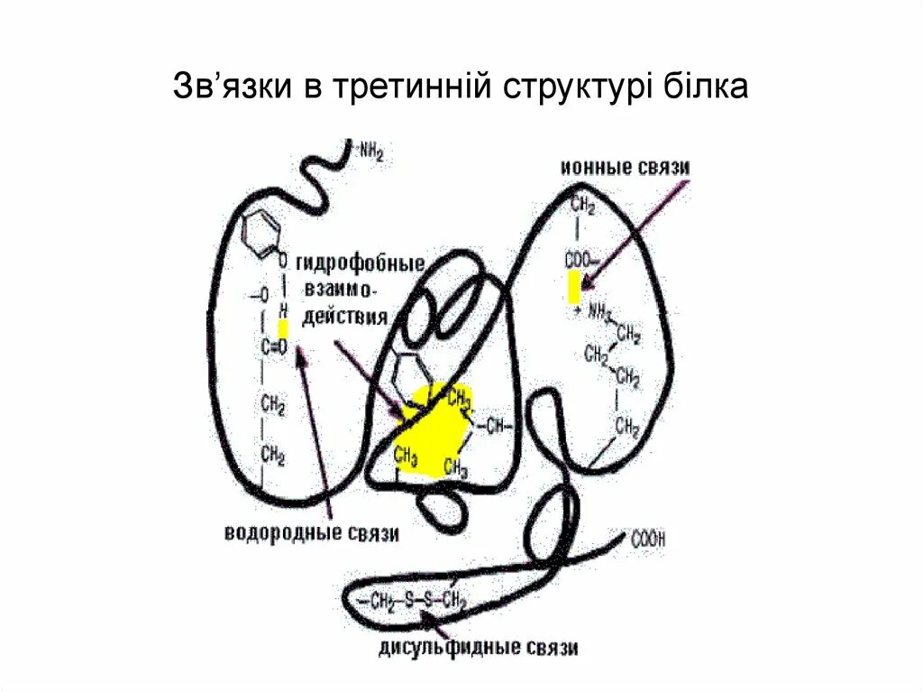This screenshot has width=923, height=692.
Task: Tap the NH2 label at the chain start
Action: (371, 152)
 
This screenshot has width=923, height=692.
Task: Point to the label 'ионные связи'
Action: (625, 168)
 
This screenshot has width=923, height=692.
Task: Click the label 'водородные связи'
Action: (311, 533)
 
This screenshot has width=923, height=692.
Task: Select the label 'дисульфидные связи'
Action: (479, 647)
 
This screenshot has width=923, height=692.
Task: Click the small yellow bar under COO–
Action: (574, 288)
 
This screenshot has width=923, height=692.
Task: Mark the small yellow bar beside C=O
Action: (283, 328)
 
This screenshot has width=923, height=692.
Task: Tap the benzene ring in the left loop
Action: (264, 231)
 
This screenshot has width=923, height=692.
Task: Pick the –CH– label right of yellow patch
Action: (496, 425)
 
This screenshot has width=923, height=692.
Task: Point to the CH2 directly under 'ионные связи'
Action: (582, 208)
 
